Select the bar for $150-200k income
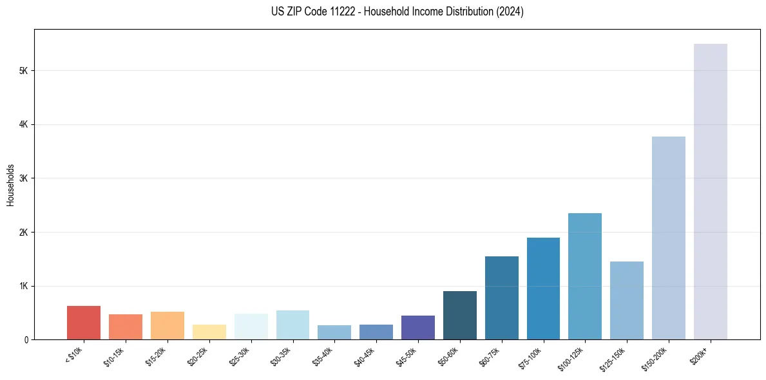[x=668, y=238]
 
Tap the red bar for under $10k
[x=84, y=323]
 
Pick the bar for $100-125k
[x=585, y=276]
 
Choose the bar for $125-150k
[x=627, y=300]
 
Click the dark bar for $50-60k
[x=460, y=315]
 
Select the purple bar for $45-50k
[x=418, y=327]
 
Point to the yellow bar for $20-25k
[x=209, y=332]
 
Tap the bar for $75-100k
[x=543, y=289]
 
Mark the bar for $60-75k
[x=501, y=298]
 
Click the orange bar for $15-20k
[x=168, y=325]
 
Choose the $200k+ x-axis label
[x=700, y=356]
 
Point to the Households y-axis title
[x=11, y=184]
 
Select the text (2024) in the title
[x=510, y=12]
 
